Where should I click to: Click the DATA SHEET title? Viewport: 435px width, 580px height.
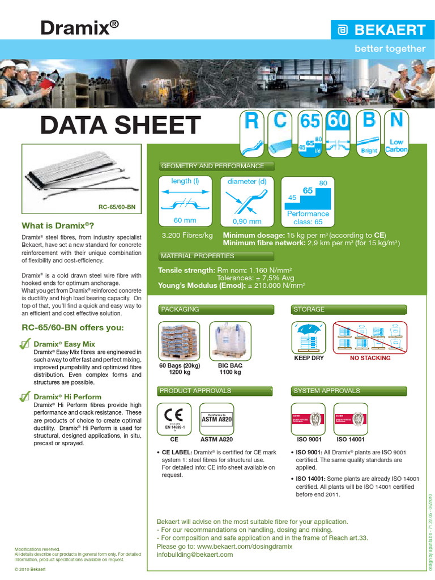point(120,125)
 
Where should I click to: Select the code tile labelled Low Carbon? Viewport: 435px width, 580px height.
point(396,133)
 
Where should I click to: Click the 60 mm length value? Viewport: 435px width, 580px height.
point(185,221)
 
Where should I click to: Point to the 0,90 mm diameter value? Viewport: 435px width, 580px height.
point(247,221)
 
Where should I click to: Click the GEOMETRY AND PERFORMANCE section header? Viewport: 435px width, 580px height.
point(213,166)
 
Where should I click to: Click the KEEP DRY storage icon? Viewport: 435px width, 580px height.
point(309,338)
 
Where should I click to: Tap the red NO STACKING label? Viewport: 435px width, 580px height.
point(370,358)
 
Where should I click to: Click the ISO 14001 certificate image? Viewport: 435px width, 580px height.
point(351,418)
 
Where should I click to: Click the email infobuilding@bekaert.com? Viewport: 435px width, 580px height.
point(194,555)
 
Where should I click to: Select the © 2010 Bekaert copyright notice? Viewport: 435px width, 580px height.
point(30,568)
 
